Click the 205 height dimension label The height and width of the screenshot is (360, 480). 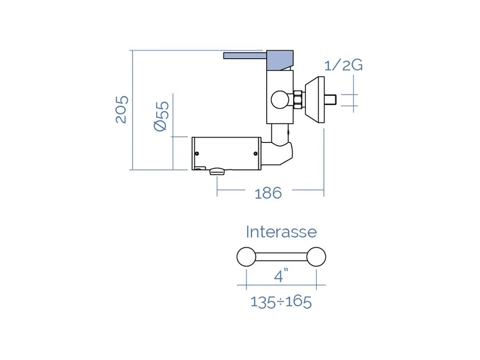click(122, 109)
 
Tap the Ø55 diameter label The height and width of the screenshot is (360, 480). click(161, 116)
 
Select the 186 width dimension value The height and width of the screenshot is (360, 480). click(268, 193)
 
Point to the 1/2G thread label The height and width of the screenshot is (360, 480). click(343, 65)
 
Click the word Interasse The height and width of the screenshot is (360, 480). click(282, 232)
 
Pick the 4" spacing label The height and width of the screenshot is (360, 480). click(282, 275)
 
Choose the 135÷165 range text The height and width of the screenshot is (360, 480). click(281, 302)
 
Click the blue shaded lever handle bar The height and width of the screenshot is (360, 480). click(245, 56)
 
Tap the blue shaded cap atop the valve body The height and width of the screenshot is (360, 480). click(280, 60)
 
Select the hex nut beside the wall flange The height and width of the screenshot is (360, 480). click(298, 99)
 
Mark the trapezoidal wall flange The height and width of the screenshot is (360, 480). click(314, 99)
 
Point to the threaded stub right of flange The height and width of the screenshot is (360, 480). click(330, 99)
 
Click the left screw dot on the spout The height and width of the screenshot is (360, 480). click(197, 153)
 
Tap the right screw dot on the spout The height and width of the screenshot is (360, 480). click(255, 153)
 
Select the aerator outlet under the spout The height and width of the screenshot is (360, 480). click(217, 171)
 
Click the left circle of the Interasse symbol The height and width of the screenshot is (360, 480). click(246, 256)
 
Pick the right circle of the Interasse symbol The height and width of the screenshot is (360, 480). click(316, 256)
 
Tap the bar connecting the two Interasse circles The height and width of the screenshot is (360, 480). click(281, 257)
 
